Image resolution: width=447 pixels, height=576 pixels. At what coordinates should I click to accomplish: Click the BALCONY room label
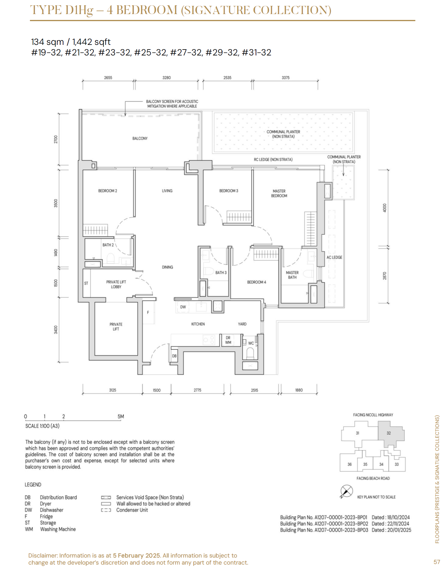pyautogui.click(x=140, y=138)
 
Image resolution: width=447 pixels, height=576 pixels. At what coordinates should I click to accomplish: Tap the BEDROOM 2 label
pyautogui.click(x=107, y=191)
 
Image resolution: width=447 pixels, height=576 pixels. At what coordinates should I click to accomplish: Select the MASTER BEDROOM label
pyautogui.click(x=279, y=193)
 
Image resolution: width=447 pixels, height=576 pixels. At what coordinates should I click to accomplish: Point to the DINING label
pyautogui.click(x=167, y=267)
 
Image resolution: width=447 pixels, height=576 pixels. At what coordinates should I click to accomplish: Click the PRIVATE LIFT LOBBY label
pyautogui.click(x=116, y=284)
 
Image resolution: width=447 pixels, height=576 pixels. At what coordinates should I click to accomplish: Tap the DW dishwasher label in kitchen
pyautogui.click(x=183, y=307)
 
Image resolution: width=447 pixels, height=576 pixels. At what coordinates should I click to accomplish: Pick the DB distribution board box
pyautogui.click(x=174, y=356)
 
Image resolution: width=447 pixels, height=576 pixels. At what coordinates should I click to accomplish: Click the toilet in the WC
pyautogui.click(x=250, y=353)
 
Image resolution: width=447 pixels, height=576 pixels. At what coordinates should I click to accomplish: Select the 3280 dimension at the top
pyautogui.click(x=166, y=78)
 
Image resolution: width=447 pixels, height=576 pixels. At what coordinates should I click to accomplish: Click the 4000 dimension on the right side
pyautogui.click(x=385, y=208)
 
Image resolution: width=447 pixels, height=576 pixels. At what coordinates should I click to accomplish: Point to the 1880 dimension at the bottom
pyautogui.click(x=299, y=390)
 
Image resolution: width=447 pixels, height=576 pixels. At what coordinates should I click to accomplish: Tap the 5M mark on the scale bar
pyautogui.click(x=121, y=416)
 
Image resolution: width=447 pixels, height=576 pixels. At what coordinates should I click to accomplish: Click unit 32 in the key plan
pyautogui.click(x=389, y=433)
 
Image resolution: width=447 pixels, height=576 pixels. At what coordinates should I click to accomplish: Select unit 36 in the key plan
pyautogui.click(x=350, y=464)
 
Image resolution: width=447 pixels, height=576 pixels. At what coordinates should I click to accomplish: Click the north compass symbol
pyautogui.click(x=346, y=491)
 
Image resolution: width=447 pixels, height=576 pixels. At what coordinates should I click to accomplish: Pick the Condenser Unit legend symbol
pyautogui.click(x=106, y=510)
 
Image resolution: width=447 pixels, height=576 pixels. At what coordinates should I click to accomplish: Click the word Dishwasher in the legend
pyautogui.click(x=52, y=510)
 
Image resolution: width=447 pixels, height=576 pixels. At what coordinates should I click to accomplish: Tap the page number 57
pyautogui.click(x=437, y=562)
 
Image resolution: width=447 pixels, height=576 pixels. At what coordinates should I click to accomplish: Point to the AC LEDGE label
pyautogui.click(x=334, y=257)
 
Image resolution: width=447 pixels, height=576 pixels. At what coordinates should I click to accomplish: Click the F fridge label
pyautogui.click(x=148, y=313)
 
